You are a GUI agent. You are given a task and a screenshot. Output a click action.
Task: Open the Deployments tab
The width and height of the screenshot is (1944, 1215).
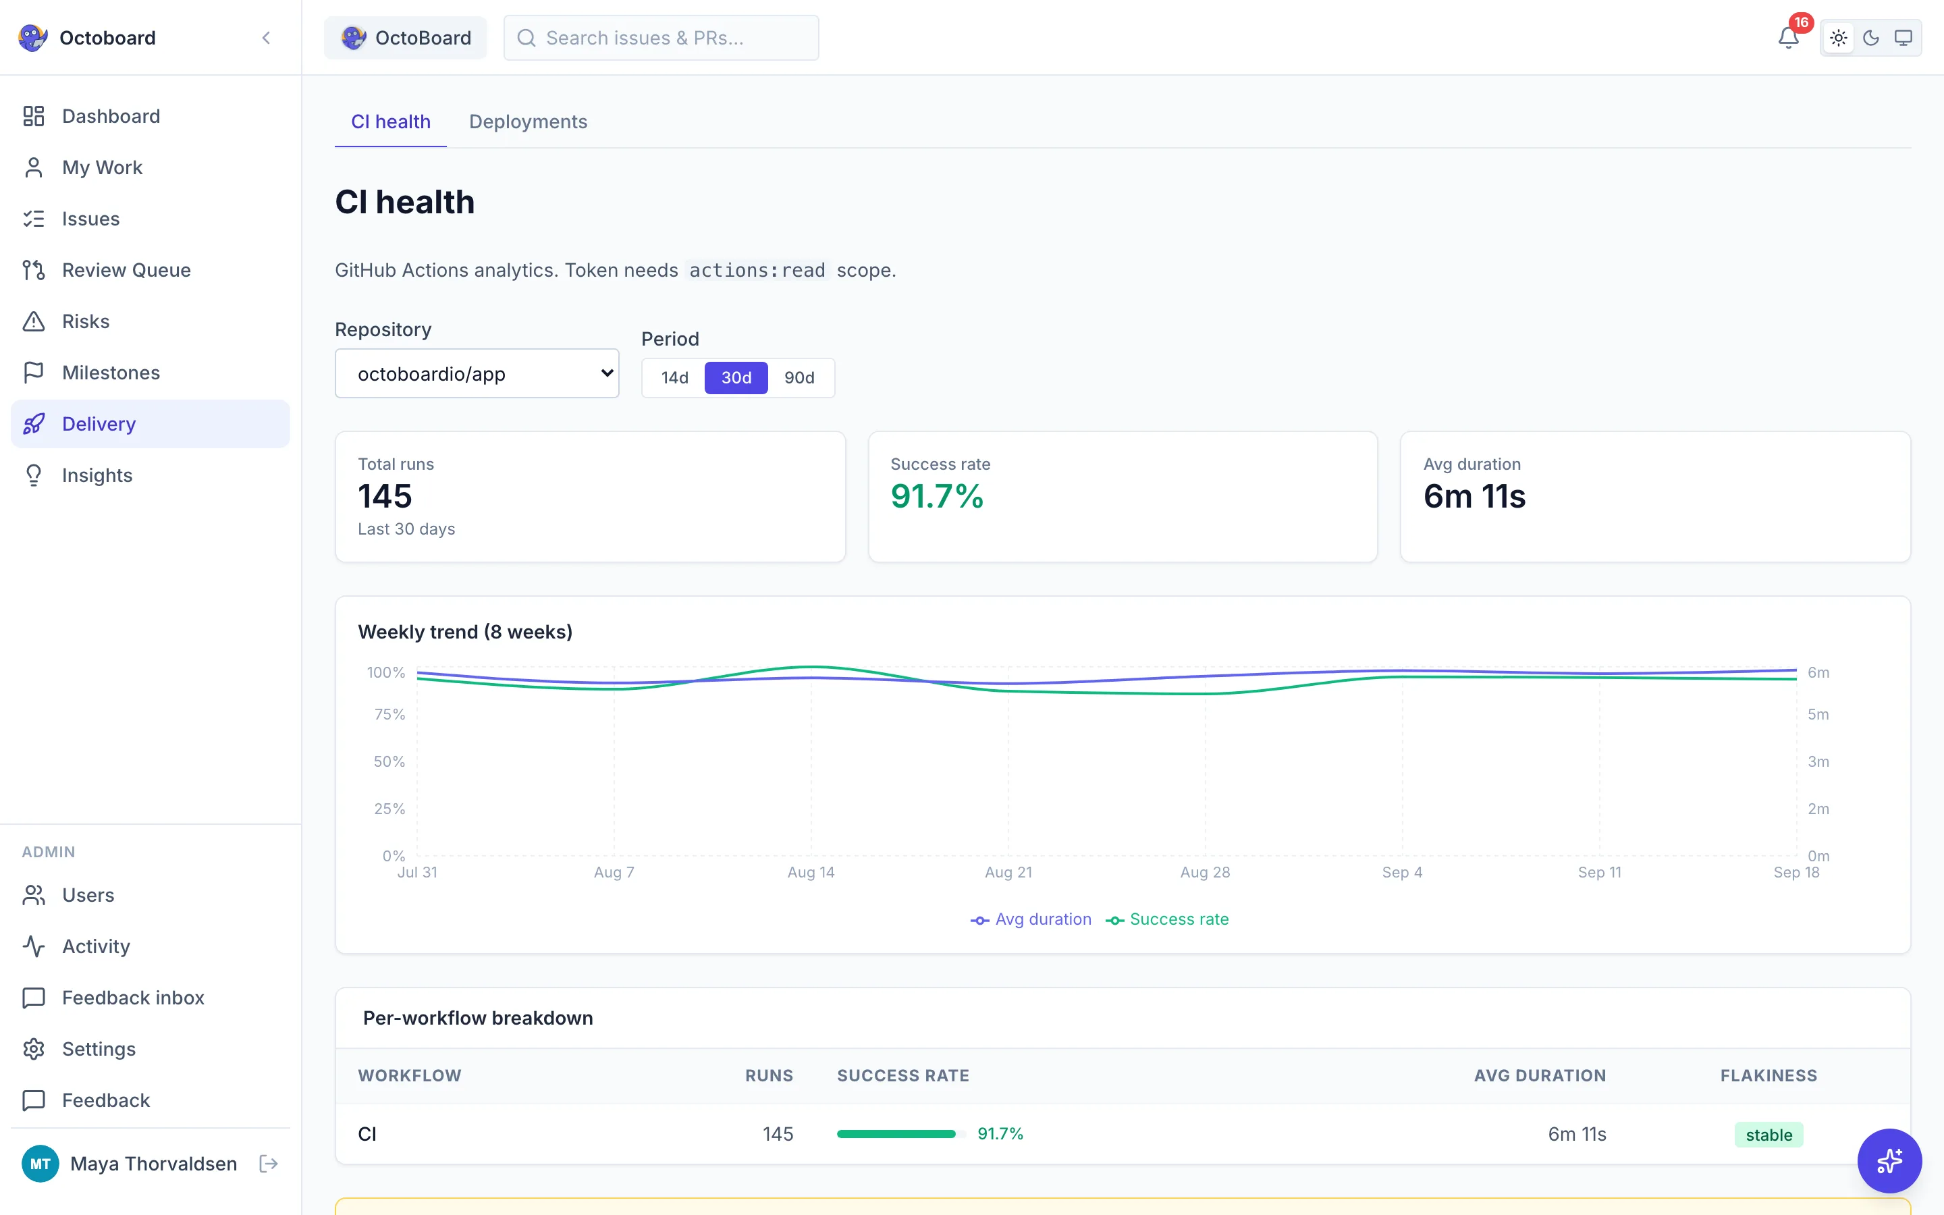(528, 122)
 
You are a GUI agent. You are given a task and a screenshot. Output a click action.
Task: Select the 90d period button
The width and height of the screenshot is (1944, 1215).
(799, 378)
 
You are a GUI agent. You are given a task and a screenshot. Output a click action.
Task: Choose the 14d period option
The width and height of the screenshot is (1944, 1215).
(675, 378)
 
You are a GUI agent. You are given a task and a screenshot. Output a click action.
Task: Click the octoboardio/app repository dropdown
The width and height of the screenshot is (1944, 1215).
(477, 374)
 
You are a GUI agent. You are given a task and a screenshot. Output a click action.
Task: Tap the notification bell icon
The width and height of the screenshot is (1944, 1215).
(1788, 38)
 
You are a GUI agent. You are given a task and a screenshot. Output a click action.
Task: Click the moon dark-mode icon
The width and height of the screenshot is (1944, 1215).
(1871, 38)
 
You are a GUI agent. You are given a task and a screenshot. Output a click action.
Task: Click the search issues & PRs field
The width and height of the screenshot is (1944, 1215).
(661, 38)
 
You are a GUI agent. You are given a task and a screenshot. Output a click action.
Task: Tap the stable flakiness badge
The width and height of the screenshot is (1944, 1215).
(1769, 1135)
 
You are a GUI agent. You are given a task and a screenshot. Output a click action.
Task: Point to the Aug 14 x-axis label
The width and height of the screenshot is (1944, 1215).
(811, 872)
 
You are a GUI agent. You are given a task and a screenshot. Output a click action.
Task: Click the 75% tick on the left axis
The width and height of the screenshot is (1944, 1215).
(389, 714)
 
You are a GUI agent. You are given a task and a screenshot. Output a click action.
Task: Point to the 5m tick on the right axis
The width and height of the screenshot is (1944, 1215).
(1818, 714)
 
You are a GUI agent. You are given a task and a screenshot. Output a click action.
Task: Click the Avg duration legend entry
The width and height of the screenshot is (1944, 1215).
(1031, 919)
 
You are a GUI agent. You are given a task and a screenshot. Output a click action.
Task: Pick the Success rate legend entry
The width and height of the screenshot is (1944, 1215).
(1167, 919)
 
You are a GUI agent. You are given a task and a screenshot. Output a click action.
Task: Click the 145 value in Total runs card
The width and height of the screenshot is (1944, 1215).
(385, 496)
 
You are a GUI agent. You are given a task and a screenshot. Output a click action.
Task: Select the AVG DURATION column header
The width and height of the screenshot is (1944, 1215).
(1540, 1075)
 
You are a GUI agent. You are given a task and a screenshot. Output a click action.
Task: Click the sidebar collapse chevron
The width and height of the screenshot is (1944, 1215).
(266, 38)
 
